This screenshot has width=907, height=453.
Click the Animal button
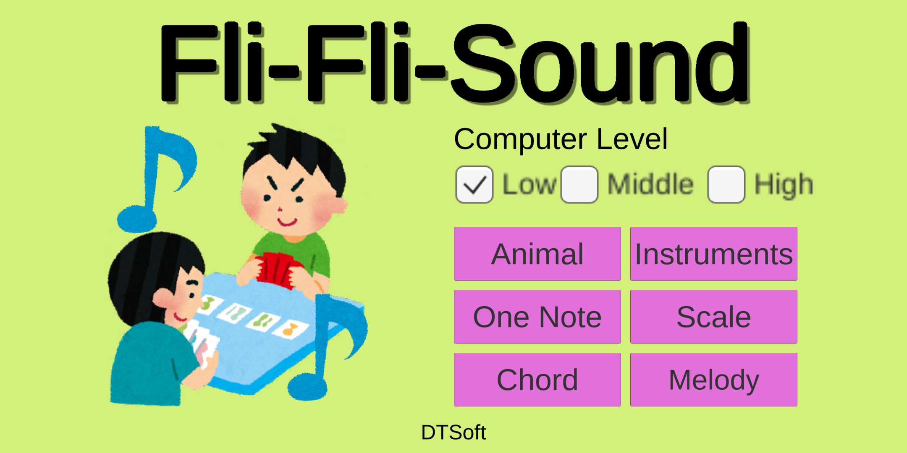point(537,254)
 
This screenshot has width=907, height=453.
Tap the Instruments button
point(714,254)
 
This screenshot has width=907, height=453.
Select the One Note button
point(537,317)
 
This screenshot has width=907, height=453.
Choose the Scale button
point(714,317)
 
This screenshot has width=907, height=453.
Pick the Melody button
point(714,380)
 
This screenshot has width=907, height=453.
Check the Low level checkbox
point(474,185)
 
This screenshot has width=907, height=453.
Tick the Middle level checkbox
point(579,185)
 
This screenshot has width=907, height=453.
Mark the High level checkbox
point(726,185)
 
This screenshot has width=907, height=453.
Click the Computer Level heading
point(561,140)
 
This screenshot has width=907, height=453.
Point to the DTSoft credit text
point(453,432)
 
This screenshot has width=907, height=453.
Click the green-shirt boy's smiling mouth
point(287,221)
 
